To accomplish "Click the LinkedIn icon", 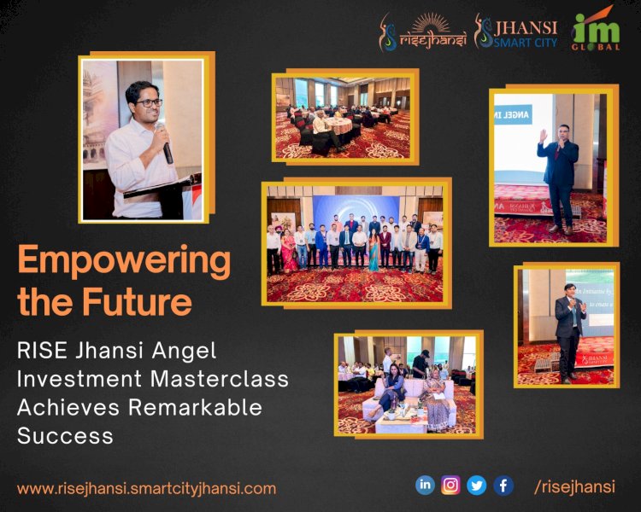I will (425, 485).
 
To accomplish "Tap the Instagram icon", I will (451, 486).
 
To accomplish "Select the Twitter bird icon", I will (477, 486).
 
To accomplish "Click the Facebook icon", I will (503, 486).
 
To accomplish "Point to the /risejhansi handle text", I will (573, 486).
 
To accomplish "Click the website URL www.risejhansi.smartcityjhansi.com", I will (146, 489).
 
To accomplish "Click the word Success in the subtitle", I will (65, 435).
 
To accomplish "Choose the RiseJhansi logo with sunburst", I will (423, 32).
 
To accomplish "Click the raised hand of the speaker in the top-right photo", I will (544, 136).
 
